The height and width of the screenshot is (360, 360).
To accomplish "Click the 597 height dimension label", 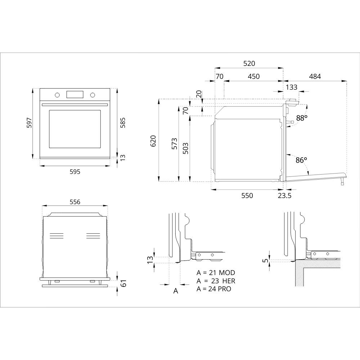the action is coord(29,123).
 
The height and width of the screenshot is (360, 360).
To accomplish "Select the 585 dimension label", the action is coord(123,123).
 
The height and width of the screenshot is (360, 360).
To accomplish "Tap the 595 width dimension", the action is coord(75,171).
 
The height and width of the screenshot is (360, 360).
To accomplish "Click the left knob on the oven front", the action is coord(57,95).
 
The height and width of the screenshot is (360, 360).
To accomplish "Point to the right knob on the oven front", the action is coord(93,95).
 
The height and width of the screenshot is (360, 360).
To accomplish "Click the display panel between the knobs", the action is coord(75,94).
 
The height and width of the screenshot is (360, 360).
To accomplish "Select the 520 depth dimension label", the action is coord(249,63).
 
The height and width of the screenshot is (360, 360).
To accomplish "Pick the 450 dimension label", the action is coord(253,76).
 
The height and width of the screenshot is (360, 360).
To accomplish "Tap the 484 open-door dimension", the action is coord(315,76).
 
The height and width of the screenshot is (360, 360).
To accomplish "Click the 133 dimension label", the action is coord(292,87).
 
